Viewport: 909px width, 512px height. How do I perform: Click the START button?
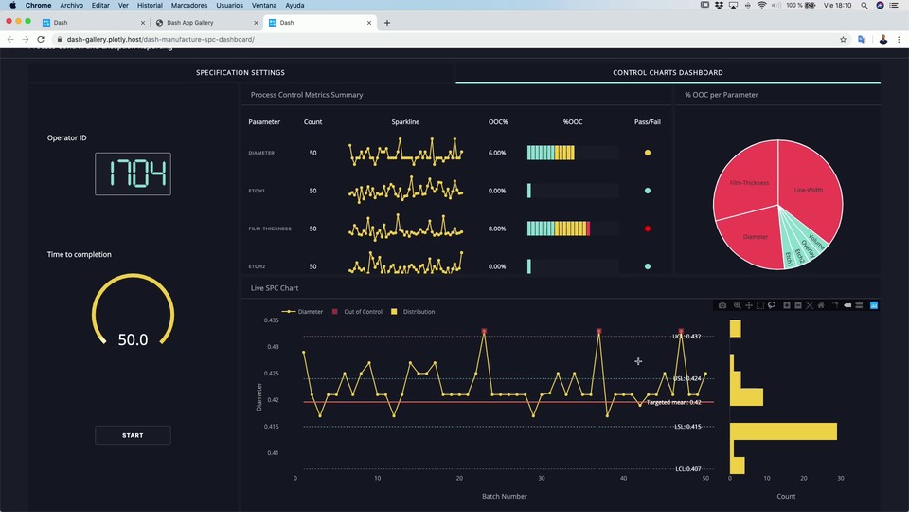(133, 435)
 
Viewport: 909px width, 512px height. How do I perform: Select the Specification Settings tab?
(241, 73)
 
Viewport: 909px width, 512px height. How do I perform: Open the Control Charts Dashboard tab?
(668, 73)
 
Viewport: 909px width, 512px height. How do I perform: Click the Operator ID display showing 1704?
(133, 174)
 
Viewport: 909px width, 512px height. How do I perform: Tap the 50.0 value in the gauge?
(133, 338)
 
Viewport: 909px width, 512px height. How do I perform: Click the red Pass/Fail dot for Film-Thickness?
(648, 229)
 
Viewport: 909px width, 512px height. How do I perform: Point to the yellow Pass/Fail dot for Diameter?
(648, 153)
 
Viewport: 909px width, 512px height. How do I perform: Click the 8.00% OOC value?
(497, 229)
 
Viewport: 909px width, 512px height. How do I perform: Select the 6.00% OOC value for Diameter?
(497, 153)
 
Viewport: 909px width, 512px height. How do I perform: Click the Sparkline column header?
(405, 122)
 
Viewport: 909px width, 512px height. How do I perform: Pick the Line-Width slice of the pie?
(809, 190)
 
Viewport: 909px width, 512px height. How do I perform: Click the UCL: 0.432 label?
(686, 337)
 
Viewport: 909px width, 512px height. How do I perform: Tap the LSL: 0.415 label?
(687, 427)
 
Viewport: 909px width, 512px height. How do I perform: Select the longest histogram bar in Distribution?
(783, 431)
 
